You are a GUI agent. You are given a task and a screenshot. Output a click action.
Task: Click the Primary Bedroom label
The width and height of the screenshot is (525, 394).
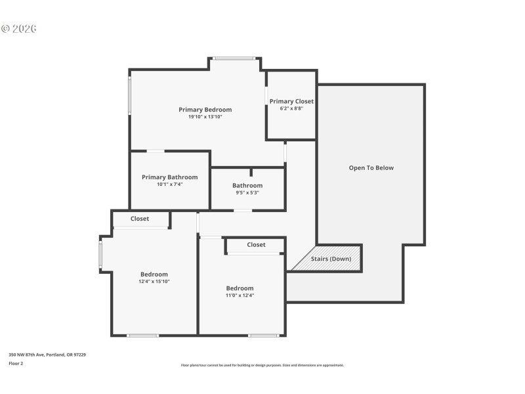coord(205,110)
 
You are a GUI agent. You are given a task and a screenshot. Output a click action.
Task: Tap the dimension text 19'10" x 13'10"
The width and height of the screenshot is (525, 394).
coord(205,117)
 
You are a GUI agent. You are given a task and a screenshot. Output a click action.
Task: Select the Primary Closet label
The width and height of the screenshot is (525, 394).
coord(291,101)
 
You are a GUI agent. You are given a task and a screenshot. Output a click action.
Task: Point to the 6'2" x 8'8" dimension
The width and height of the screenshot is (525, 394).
coord(291,108)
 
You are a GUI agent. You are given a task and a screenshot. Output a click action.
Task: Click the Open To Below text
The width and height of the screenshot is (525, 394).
coord(371,167)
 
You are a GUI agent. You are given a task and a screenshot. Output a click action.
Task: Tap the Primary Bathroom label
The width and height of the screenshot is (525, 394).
coord(169,177)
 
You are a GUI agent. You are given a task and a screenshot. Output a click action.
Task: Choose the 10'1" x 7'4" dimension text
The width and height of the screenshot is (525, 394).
coord(169,185)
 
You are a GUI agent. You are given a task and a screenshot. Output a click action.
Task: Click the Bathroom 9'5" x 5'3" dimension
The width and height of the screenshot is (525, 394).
coord(247,193)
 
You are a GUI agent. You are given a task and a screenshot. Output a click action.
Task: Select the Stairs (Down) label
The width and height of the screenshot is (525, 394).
coord(331,259)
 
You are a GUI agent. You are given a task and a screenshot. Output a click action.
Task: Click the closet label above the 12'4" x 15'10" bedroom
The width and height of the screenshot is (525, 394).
coord(140,219)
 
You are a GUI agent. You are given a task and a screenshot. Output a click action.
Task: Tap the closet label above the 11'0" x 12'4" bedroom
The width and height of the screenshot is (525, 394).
coord(256,245)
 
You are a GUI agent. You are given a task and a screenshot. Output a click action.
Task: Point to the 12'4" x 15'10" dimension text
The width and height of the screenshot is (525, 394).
coord(154,282)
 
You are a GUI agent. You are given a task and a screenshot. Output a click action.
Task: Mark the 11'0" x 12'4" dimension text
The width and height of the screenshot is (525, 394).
coord(240,295)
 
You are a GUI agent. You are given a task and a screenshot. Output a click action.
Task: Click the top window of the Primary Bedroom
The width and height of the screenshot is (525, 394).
coord(234,58)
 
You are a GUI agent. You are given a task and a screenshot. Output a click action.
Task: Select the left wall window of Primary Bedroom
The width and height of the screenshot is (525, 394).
coord(130,96)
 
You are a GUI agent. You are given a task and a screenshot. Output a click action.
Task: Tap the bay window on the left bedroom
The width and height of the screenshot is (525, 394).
coord(100,255)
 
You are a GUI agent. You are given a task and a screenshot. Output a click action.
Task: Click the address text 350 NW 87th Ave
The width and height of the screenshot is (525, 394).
coord(47,355)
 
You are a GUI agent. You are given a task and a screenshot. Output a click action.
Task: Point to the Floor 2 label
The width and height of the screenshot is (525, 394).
coord(16,363)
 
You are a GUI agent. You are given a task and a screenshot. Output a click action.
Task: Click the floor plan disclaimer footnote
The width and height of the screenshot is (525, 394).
coord(262,365)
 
